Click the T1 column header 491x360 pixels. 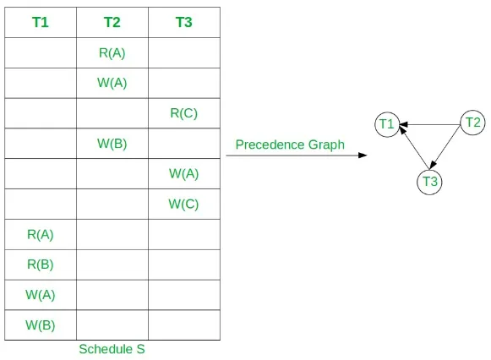point(41,23)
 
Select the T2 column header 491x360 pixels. point(112,23)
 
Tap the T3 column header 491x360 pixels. point(183,23)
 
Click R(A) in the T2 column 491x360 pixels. point(112,53)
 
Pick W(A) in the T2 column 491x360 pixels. point(112,83)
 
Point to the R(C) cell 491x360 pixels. point(183,113)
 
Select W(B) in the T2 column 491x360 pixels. point(112,144)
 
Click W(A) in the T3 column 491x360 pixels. point(183,173)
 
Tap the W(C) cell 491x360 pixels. point(183,204)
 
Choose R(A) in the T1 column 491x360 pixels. point(41,234)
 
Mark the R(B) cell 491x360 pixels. point(41,264)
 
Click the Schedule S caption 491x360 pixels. point(112,349)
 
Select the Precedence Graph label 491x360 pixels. point(290,145)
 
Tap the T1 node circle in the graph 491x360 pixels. point(387,125)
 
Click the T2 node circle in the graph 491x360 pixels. point(472,123)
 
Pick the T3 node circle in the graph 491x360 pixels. point(430,181)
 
